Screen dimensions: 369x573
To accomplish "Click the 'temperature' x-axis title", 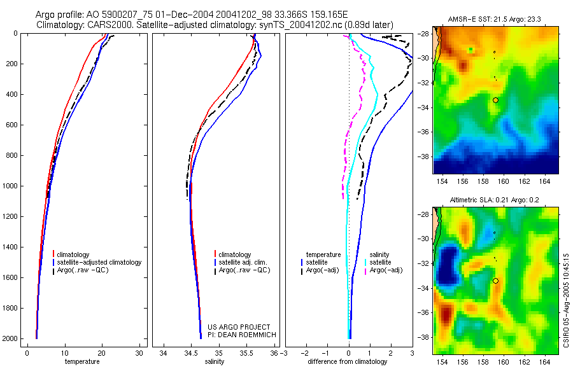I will point(82,362).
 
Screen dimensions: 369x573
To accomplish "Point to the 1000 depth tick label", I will point(9,186).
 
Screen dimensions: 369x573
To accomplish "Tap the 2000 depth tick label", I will point(9,338).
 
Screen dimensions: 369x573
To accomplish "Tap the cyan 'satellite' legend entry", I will point(381,262).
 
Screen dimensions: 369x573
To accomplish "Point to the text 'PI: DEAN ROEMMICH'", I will point(239,334).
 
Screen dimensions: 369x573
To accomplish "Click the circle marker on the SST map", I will point(495,100).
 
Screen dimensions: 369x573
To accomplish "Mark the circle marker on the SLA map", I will point(495,281).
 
